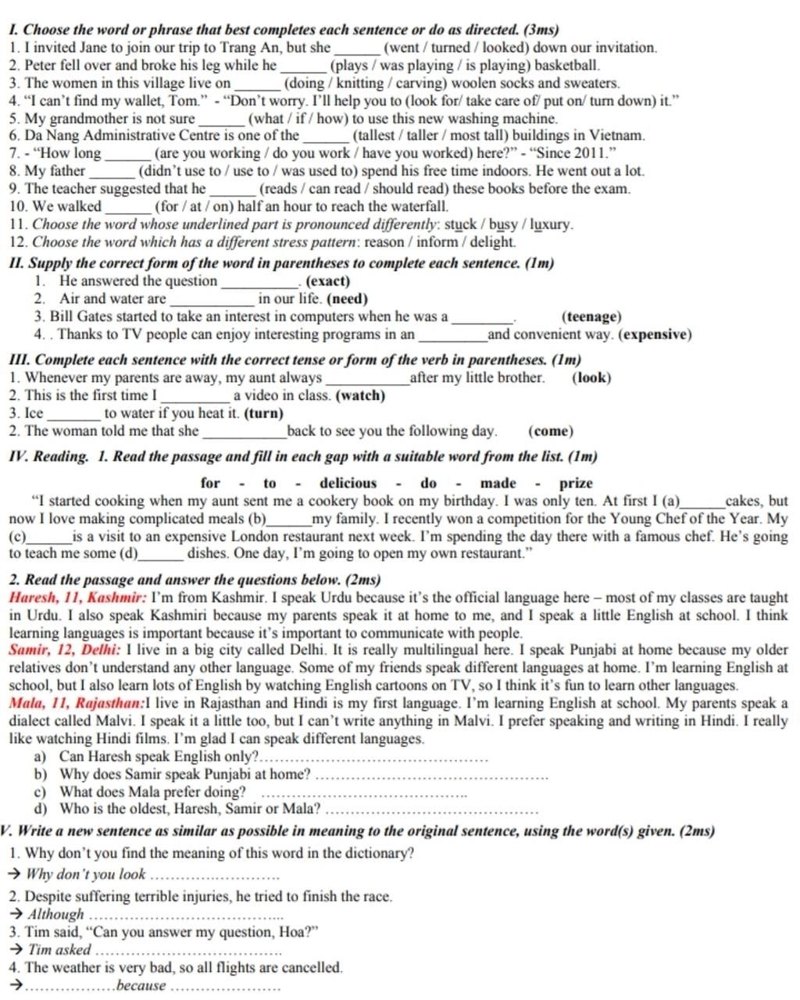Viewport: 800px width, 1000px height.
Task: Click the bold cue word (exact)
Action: [328, 281]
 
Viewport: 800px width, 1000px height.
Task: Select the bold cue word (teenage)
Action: [591, 316]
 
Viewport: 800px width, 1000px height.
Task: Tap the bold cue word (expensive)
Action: [655, 334]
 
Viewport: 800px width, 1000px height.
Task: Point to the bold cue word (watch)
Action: [360, 395]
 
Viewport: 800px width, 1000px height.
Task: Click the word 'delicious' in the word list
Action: [348, 483]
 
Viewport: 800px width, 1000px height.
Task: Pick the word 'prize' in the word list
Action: [576, 483]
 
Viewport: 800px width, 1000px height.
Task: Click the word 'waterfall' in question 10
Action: [419, 206]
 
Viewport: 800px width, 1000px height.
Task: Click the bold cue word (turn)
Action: [264, 413]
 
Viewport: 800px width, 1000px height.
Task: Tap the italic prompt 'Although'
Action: [55, 914]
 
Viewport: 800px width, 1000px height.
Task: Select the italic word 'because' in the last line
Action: [141, 985]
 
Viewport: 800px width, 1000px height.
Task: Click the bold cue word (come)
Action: [551, 431]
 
